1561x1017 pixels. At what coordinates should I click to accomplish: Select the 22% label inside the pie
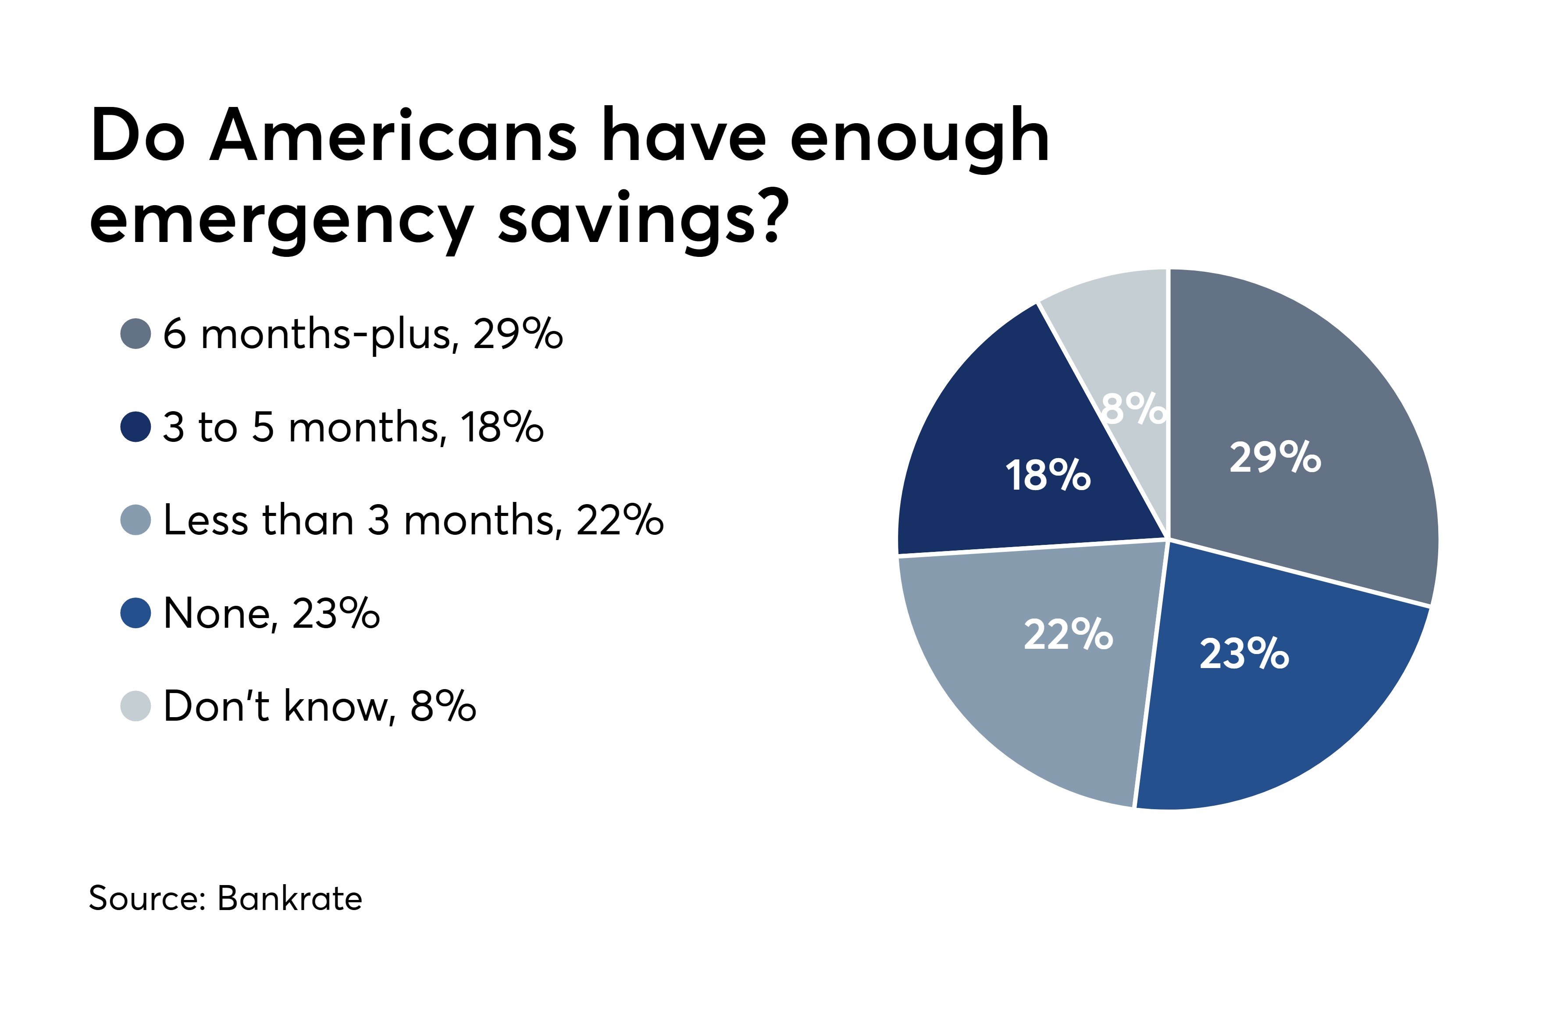[1069, 634]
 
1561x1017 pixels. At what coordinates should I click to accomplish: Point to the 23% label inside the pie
[1244, 654]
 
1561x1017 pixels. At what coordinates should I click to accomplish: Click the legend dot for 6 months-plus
[136, 334]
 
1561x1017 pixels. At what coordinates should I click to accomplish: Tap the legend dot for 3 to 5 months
[136, 427]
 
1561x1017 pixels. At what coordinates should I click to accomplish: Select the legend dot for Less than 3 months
[136, 520]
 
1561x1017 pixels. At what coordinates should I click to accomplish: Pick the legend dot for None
[136, 613]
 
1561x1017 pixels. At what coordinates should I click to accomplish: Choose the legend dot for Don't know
[136, 706]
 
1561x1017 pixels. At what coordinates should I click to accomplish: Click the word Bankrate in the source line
[289, 898]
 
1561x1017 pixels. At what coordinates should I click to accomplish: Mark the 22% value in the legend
[620, 520]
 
